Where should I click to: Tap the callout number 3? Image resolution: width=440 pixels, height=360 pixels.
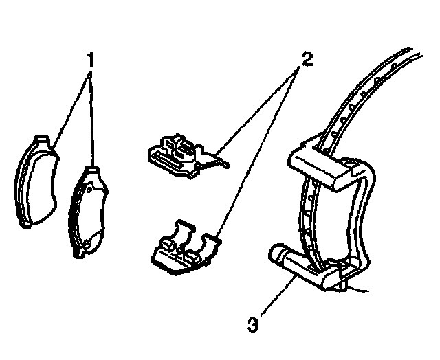tap(253, 322)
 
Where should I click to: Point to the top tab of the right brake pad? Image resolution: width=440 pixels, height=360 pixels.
tap(91, 169)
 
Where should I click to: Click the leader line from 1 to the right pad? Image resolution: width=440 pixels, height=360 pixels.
tap(91, 117)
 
